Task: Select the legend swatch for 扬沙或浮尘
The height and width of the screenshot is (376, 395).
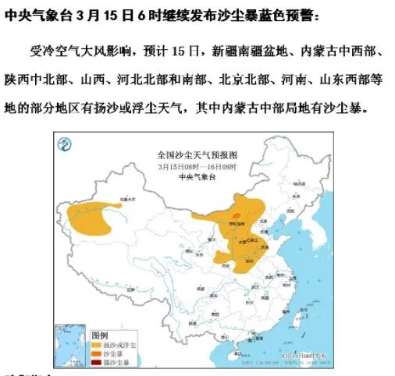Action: point(98,343)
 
